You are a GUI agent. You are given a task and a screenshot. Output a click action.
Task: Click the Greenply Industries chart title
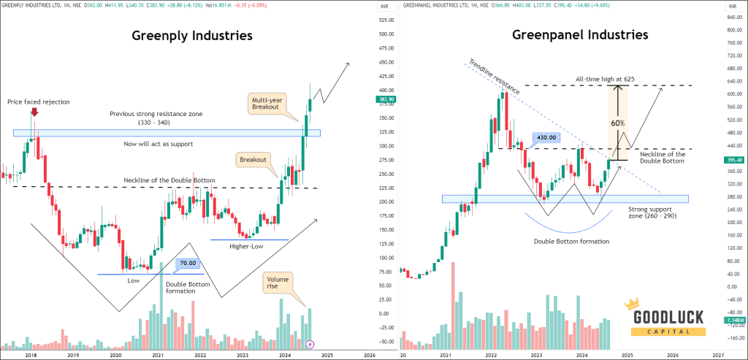tap(192, 35)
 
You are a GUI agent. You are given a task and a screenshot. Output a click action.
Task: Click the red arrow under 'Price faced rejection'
tap(34, 113)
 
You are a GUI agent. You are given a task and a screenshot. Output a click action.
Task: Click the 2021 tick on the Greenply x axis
tap(158, 354)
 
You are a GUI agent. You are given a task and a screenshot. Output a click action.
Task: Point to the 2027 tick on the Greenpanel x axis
tap(717, 354)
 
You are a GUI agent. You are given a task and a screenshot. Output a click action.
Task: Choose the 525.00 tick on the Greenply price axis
tap(366, 20)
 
